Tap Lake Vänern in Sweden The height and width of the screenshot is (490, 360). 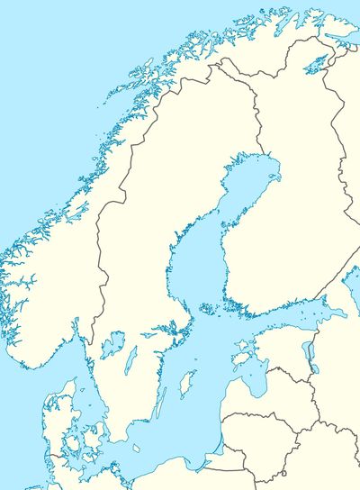click(x=112, y=345)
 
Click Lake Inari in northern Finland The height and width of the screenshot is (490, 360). click(x=314, y=63)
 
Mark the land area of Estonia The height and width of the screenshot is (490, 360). click(x=283, y=347)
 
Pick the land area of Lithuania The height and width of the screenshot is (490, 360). click(x=270, y=428)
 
